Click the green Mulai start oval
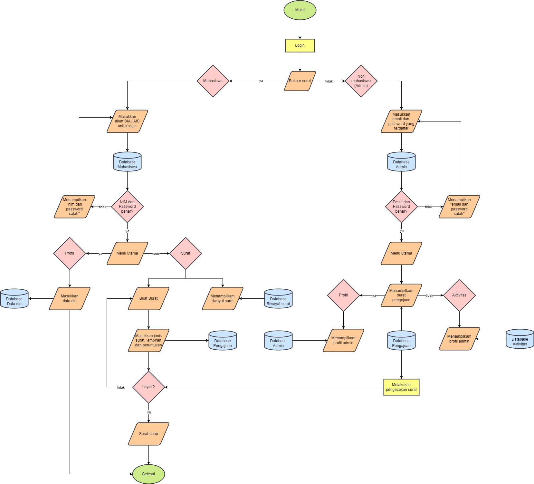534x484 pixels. point(300,10)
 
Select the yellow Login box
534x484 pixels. point(300,45)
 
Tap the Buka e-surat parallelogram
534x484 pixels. point(300,81)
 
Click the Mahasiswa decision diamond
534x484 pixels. point(213,81)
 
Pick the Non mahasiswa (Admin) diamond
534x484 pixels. point(361,81)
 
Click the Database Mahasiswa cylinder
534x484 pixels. point(127,162)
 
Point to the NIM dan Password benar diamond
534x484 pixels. point(127,207)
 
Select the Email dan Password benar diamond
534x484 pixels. point(401,207)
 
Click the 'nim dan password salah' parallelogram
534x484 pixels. point(74,207)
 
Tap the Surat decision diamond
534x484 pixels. point(186,253)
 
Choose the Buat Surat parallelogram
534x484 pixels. point(148,298)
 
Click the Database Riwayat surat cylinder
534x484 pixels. point(278,299)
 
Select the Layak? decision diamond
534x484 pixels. point(148,387)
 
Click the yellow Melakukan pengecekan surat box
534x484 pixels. point(401,387)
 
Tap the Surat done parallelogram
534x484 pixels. point(148,434)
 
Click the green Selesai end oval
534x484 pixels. point(148,474)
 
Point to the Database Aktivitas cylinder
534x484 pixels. point(520,339)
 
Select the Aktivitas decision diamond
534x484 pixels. point(459,295)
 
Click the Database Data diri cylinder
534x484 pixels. point(14,299)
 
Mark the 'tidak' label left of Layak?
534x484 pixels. point(121,387)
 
